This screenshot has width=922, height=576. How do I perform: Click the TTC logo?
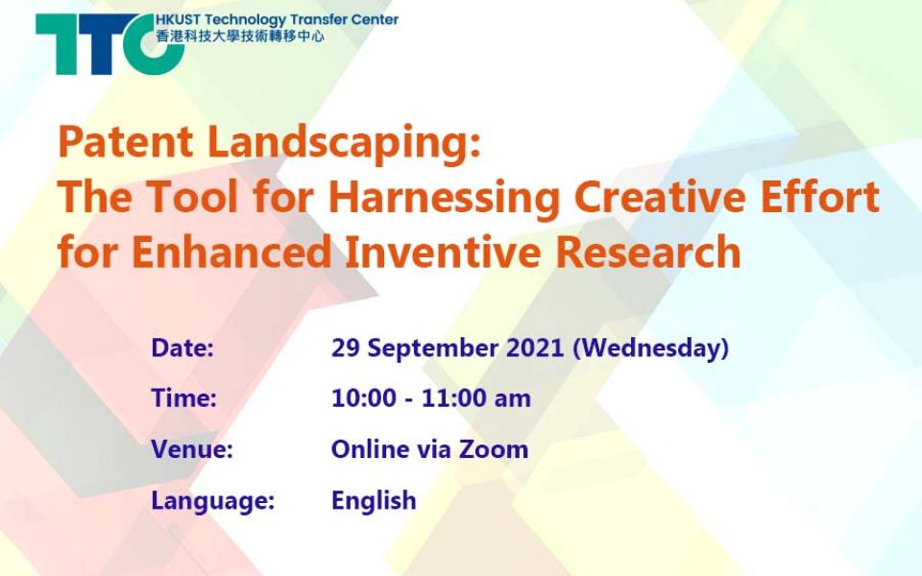tap(109, 44)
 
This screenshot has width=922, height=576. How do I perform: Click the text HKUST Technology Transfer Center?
tap(277, 20)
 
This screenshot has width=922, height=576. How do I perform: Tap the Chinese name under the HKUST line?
tap(240, 36)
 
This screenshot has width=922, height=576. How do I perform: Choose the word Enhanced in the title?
tap(231, 252)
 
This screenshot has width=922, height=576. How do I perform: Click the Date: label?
tap(182, 348)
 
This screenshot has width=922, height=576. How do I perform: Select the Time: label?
tap(184, 398)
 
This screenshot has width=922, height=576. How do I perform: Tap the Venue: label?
tap(192, 449)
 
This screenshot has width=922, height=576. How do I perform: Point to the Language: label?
tap(213, 501)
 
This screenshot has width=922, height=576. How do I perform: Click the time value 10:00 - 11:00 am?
tap(431, 398)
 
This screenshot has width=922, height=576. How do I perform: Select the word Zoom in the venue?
tap(494, 449)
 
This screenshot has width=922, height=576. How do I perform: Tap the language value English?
tap(374, 501)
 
